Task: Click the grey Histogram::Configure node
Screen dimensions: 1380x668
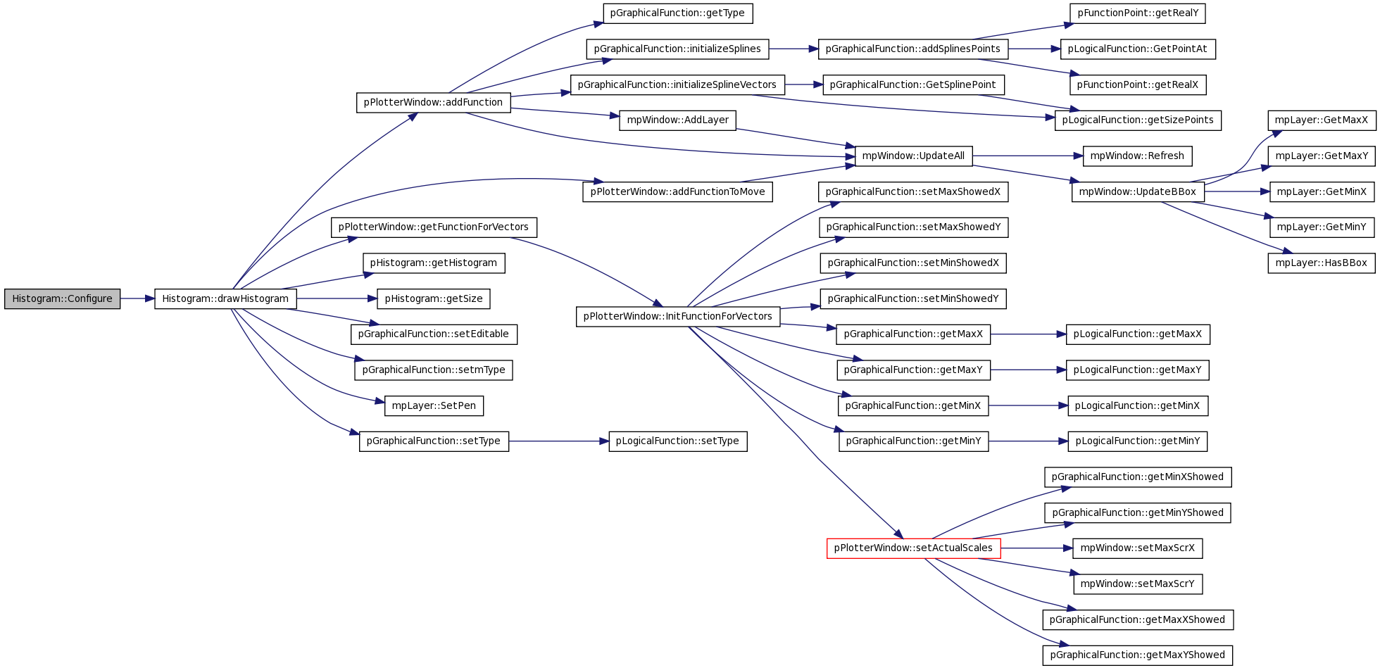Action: tap(62, 298)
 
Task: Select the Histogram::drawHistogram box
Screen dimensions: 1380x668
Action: tap(225, 298)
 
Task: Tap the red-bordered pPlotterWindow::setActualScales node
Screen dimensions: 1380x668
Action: tap(913, 548)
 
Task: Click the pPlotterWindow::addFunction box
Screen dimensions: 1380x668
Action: tap(433, 102)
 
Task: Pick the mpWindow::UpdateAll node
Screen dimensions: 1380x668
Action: tap(913, 156)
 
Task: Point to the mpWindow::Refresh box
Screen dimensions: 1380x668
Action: tap(1137, 156)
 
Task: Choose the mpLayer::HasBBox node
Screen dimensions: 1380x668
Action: tap(1322, 263)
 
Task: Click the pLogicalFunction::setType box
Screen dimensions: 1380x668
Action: tap(677, 441)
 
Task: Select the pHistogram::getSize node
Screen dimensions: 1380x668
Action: tap(434, 298)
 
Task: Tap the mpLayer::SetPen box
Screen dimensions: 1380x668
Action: tap(434, 405)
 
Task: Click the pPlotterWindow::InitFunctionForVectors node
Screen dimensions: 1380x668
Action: tap(678, 316)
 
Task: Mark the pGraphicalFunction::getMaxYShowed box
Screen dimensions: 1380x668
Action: tap(1138, 655)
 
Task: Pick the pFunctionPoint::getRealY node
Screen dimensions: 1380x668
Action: tap(1138, 13)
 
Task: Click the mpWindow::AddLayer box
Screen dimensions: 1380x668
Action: tap(677, 120)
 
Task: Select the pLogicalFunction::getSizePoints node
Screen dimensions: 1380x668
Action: tap(1138, 120)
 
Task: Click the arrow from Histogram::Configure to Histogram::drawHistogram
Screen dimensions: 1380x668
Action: tap(137, 298)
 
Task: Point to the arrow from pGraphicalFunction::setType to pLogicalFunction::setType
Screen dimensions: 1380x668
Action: tap(558, 441)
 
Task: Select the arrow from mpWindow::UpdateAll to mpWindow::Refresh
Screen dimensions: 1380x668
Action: tap(1027, 156)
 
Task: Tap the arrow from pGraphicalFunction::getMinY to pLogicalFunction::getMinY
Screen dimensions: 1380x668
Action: tap(1028, 441)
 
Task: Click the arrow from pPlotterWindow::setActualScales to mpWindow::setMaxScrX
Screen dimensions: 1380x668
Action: tap(1036, 548)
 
